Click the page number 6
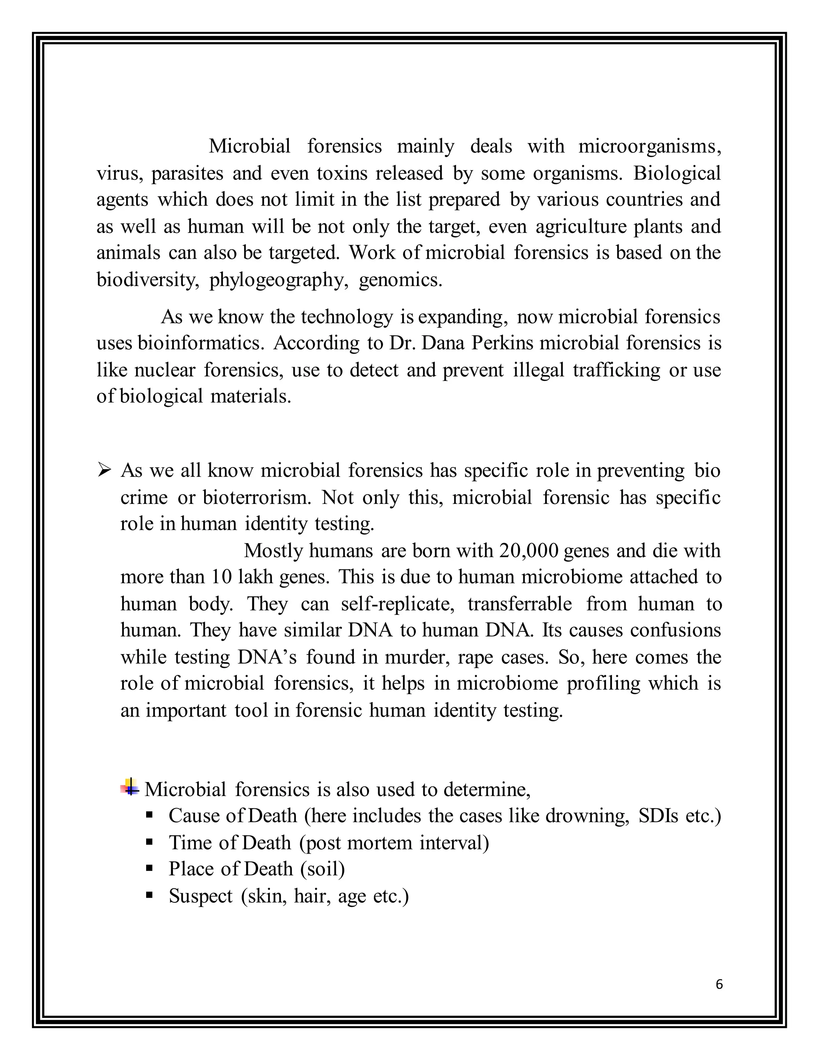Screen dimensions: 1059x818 point(719,984)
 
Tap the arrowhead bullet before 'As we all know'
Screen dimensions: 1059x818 point(105,470)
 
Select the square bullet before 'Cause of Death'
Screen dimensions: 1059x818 point(149,816)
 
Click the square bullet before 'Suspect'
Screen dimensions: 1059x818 point(149,895)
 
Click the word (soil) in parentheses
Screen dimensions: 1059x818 point(323,869)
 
